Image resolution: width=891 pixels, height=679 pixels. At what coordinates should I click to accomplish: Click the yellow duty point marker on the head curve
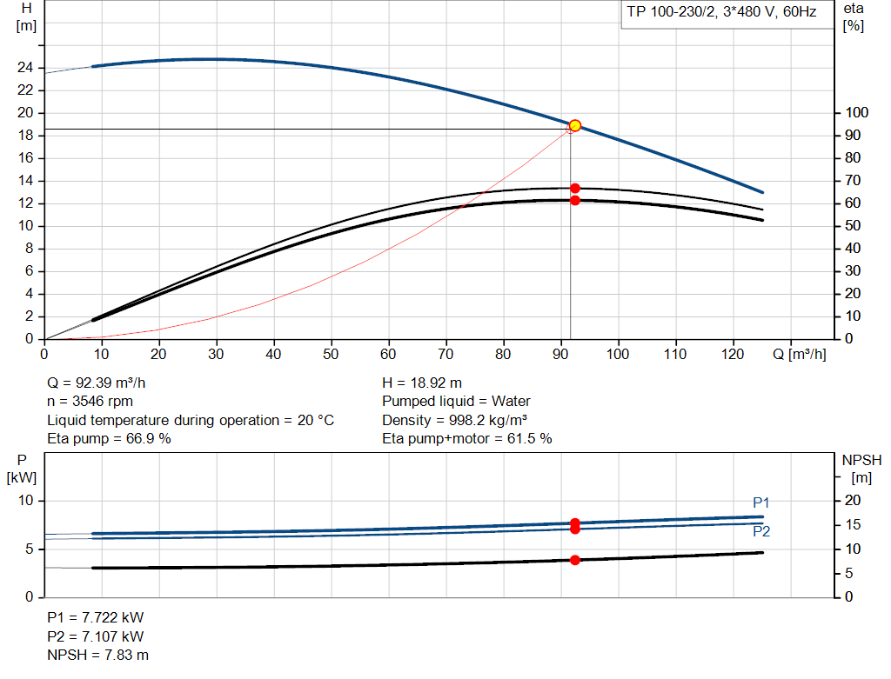(574, 126)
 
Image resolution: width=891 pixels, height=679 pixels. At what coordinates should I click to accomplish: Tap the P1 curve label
(761, 503)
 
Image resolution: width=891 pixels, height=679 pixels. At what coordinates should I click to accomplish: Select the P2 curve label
(761, 531)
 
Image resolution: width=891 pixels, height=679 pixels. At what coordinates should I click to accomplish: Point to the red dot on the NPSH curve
(575, 560)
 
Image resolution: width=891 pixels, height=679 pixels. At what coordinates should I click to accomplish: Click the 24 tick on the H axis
(25, 68)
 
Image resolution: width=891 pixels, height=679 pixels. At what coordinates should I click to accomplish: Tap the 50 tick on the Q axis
(331, 355)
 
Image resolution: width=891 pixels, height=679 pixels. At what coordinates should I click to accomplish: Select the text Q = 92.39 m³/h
(103, 383)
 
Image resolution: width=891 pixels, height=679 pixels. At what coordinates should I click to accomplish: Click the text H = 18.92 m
(422, 383)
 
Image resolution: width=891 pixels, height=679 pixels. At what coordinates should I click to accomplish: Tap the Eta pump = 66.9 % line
(109, 439)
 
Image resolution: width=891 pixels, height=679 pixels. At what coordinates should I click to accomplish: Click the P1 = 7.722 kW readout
(95, 617)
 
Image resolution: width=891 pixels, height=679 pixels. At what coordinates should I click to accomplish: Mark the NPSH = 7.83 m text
(97, 655)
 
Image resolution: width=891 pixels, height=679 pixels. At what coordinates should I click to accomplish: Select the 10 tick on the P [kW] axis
(26, 501)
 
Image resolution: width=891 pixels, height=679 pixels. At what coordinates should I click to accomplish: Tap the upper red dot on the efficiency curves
(575, 188)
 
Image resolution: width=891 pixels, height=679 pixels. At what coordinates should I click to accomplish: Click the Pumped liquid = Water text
(456, 402)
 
